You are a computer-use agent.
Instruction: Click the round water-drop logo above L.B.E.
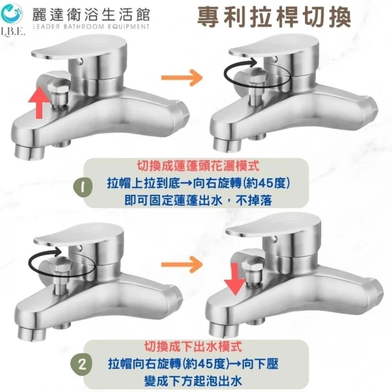coord(12,13)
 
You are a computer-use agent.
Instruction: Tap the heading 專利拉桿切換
coord(274,17)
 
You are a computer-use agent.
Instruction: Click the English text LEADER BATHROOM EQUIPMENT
coord(91,26)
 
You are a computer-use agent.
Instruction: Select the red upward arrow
coord(39,102)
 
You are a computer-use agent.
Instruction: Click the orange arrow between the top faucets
coord(182,78)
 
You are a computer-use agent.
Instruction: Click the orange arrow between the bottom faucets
coord(182,265)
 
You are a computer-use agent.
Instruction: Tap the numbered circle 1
coord(83,187)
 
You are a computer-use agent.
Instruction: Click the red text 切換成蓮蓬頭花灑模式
coord(198,165)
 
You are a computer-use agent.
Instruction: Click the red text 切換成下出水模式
coord(193,346)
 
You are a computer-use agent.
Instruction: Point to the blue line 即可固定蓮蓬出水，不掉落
coord(198,200)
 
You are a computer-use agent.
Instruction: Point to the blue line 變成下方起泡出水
coord(193,381)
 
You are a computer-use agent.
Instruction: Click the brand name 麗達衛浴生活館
coord(91,14)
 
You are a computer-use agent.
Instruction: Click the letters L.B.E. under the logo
coord(13,32)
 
